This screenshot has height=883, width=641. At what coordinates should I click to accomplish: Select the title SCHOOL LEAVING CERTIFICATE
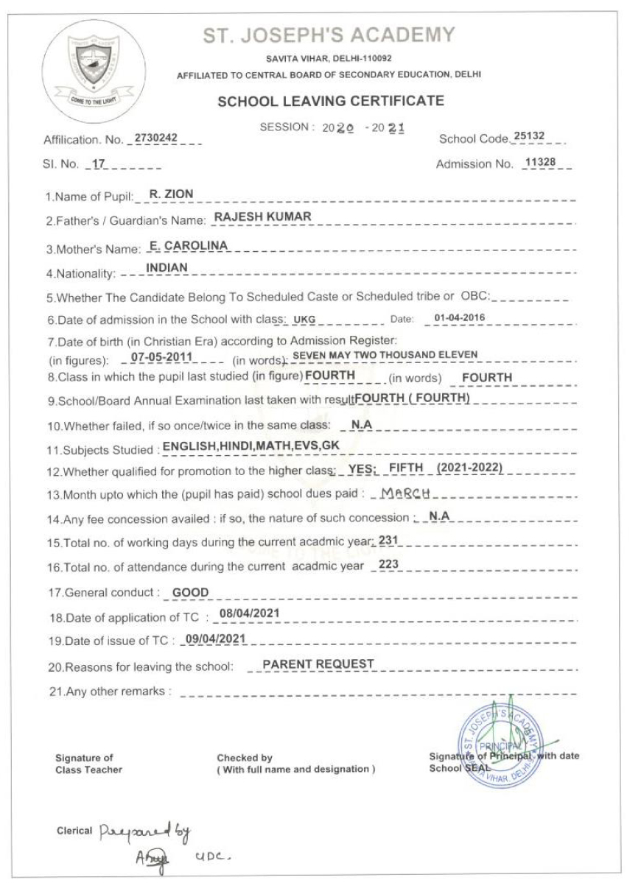pyautogui.click(x=331, y=101)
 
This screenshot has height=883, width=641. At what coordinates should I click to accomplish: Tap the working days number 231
pyautogui.click(x=388, y=541)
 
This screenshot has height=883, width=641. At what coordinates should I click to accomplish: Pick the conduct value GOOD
pyautogui.click(x=191, y=593)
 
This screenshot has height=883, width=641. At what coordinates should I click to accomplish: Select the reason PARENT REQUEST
pyautogui.click(x=318, y=664)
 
